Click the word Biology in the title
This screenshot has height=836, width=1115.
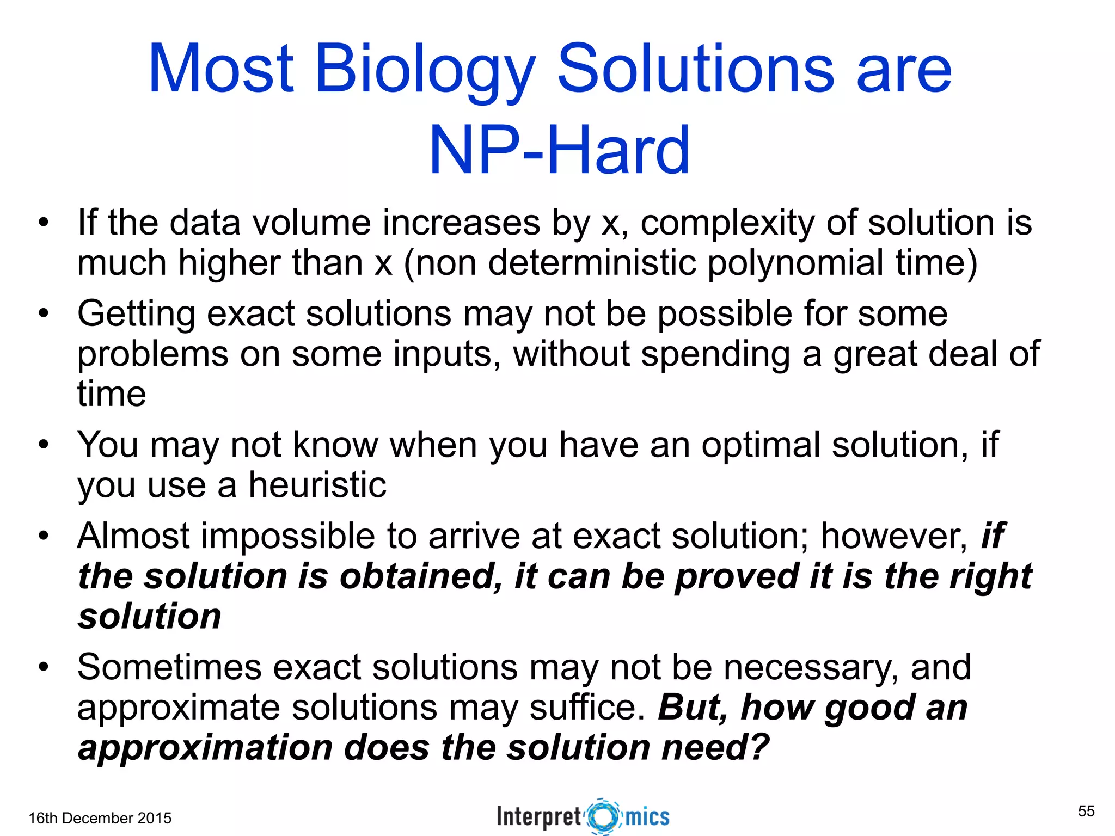[425, 71]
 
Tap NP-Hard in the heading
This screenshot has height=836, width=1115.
[559, 150]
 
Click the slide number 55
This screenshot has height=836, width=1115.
[1086, 811]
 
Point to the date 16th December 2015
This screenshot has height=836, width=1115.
[100, 818]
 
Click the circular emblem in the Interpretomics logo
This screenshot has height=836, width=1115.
[603, 816]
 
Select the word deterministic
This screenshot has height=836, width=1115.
[592, 263]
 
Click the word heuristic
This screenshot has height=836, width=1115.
[317, 484]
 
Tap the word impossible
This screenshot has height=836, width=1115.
[287, 536]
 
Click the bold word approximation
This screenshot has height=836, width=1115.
[205, 747]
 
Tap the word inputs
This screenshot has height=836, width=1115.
[446, 354]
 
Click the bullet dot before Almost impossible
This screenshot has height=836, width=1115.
[44, 536]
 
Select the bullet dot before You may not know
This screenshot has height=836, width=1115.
[44, 445]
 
